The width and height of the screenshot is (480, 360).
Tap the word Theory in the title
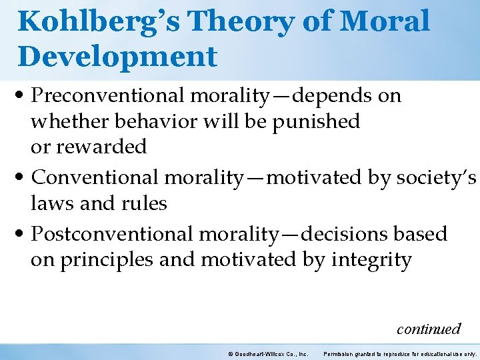pyautogui.click(x=237, y=21)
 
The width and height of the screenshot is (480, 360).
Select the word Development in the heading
pyautogui.click(x=117, y=56)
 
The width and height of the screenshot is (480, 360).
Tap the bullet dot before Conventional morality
pyautogui.click(x=23, y=178)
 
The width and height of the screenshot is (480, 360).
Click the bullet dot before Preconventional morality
pyautogui.click(x=23, y=97)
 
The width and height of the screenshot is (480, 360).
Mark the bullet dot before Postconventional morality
pyautogui.click(x=23, y=235)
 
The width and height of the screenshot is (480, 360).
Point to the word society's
pyautogui.click(x=434, y=177)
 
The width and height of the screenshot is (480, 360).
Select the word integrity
pyautogui.click(x=369, y=260)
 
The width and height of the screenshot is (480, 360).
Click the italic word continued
pyautogui.click(x=428, y=329)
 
